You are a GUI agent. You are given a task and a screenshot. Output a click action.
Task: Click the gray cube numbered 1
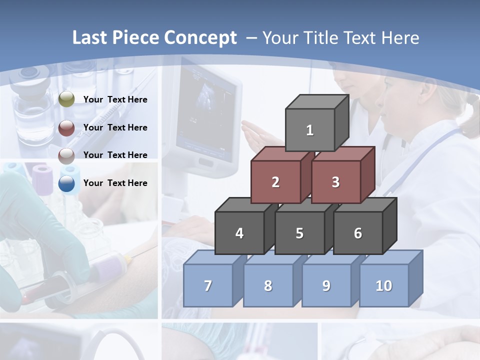point(310,130)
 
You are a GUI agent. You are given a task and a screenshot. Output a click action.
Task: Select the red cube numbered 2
point(275,182)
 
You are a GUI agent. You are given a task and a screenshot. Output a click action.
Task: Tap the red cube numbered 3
point(335,182)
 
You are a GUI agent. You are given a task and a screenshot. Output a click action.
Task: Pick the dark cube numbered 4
point(239,233)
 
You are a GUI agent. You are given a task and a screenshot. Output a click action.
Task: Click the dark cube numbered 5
point(299,233)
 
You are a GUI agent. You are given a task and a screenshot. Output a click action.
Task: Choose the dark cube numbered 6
point(357,233)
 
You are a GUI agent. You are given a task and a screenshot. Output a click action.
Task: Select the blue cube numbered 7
point(208,285)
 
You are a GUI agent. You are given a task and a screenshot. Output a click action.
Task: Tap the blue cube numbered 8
point(268,285)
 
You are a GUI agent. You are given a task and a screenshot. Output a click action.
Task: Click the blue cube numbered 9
point(326,285)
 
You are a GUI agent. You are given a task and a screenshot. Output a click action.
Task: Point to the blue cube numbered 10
point(383,285)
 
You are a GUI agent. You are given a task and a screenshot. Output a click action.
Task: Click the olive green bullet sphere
point(66,99)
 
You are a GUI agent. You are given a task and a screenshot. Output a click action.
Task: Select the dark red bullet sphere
point(66,128)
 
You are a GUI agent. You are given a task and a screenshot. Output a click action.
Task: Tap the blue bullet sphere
point(66,183)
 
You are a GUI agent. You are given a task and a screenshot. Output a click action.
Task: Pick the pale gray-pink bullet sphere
point(66,155)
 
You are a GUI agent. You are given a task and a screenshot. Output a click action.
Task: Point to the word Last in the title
point(91,38)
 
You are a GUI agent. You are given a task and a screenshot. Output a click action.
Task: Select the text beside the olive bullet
point(115,99)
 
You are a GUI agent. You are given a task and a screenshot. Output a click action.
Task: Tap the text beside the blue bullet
point(115,183)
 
